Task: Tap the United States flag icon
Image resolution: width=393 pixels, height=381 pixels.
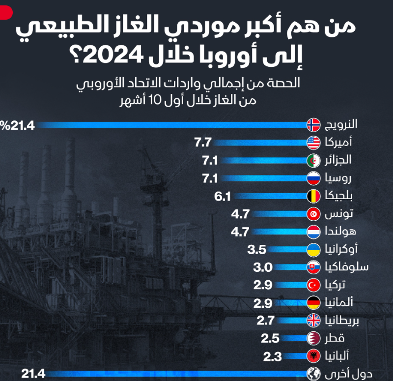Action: pos(313,143)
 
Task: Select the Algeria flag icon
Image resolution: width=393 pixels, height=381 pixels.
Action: pos(313,161)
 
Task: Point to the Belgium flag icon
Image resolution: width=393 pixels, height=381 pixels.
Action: pos(313,197)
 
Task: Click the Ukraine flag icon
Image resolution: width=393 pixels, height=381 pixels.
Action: pos(313,249)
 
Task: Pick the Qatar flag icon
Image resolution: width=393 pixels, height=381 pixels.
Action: pos(313,338)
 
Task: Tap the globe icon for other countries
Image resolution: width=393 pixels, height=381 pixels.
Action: pos(313,374)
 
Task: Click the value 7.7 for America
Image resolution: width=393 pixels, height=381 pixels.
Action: pos(203,143)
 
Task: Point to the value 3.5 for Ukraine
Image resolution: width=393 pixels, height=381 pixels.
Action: pos(256,249)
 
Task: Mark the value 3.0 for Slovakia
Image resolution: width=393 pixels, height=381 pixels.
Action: pos(261,267)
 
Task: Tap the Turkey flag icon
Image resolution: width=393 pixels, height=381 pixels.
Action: pos(313,285)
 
